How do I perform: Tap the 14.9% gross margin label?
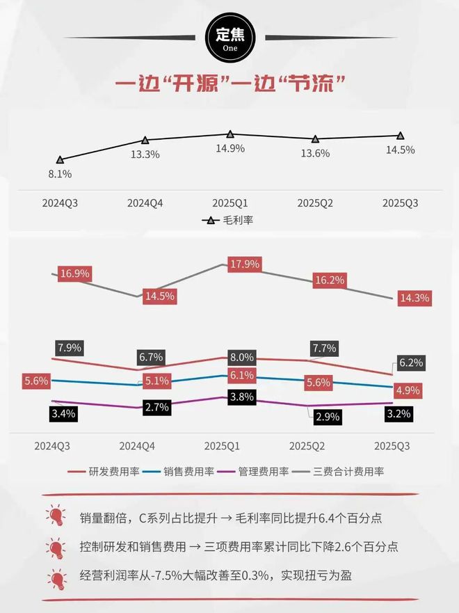229,148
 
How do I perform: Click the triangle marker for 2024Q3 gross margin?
60,160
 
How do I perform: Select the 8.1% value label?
60,174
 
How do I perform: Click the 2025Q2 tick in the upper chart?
315,203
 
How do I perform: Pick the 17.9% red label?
244,264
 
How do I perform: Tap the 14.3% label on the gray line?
415,298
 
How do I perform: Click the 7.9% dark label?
70,347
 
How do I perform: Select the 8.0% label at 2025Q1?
241,358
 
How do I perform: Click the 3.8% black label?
241,397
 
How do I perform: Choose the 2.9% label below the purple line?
327,417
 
